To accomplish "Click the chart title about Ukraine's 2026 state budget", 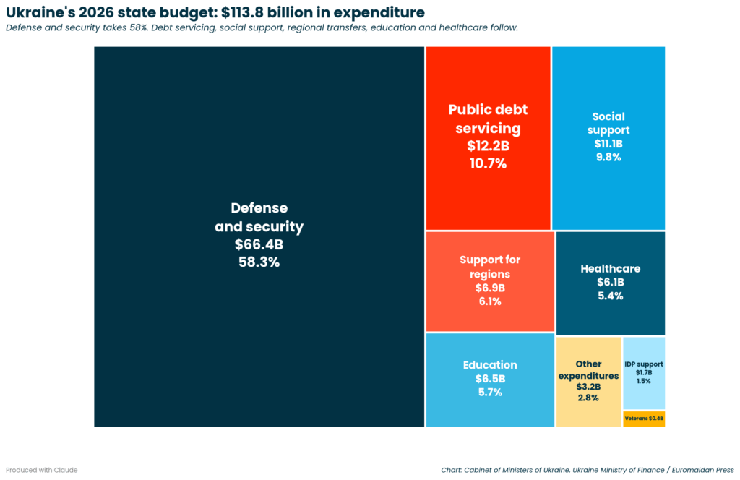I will click(x=215, y=12).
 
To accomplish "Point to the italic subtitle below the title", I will click(x=262, y=28).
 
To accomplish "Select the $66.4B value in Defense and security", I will click(x=259, y=244).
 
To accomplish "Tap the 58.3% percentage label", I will click(x=259, y=262).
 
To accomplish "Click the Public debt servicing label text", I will click(x=488, y=119).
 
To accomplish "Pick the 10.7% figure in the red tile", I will click(x=488, y=163).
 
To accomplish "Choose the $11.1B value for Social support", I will click(x=608, y=144).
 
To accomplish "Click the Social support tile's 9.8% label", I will click(x=608, y=157).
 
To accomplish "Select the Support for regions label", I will click(x=490, y=267).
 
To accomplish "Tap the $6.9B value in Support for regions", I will click(x=490, y=288).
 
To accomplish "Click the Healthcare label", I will click(x=610, y=269).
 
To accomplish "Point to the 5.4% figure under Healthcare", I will click(x=610, y=296).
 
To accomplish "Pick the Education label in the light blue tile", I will click(x=490, y=365).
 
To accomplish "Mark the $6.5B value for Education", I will click(x=490, y=379).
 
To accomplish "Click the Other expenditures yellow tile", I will click(x=588, y=381).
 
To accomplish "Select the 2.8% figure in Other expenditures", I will click(x=588, y=398).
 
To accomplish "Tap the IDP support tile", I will click(x=643, y=372).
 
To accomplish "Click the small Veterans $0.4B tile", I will click(x=643, y=419).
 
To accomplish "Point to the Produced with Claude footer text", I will click(x=41, y=470).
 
